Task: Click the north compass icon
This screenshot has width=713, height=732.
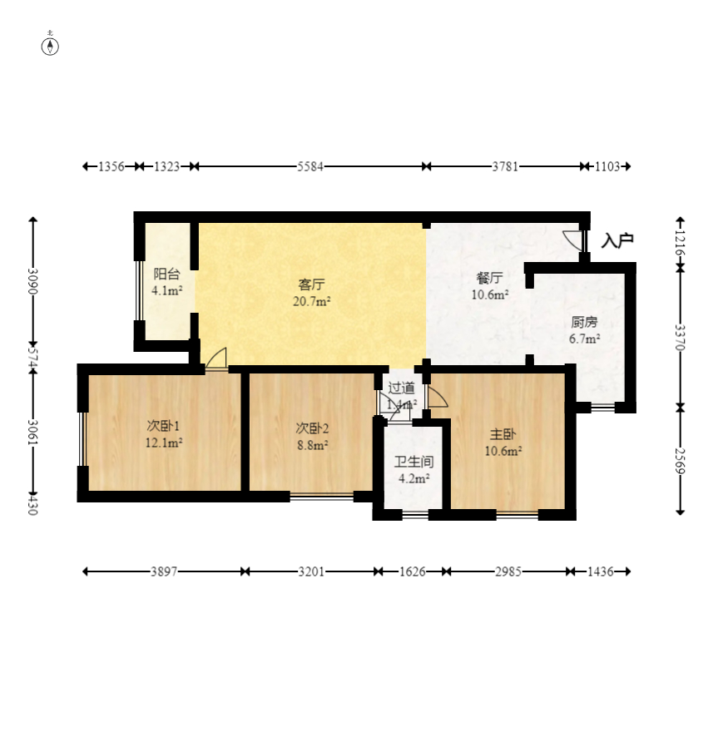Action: [50, 47]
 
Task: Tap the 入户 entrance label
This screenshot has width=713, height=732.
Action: [617, 240]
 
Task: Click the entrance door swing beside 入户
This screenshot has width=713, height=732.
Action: [573, 240]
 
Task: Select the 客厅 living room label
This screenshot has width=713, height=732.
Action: [311, 284]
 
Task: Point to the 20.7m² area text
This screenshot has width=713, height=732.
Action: [311, 302]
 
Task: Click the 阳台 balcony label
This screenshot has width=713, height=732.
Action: [166, 274]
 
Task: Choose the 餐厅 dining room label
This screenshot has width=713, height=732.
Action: [489, 278]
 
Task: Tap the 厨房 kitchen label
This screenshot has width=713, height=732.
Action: [584, 322]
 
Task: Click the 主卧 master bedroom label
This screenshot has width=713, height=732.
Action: [503, 434]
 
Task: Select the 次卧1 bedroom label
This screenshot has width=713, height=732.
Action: [163, 426]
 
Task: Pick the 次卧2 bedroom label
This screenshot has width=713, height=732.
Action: [312, 428]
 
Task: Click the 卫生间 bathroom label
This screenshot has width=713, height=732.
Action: [414, 462]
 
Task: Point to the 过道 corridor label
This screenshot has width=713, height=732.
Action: [401, 388]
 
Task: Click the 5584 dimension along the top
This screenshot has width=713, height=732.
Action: [310, 166]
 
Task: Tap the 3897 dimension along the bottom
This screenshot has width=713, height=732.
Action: [163, 571]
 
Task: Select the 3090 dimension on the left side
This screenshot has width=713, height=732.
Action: [32, 281]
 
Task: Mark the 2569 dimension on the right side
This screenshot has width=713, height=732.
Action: [681, 461]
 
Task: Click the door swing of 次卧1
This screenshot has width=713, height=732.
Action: [216, 359]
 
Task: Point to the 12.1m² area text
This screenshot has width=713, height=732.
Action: [163, 443]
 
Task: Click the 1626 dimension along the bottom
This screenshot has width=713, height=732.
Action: [413, 571]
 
